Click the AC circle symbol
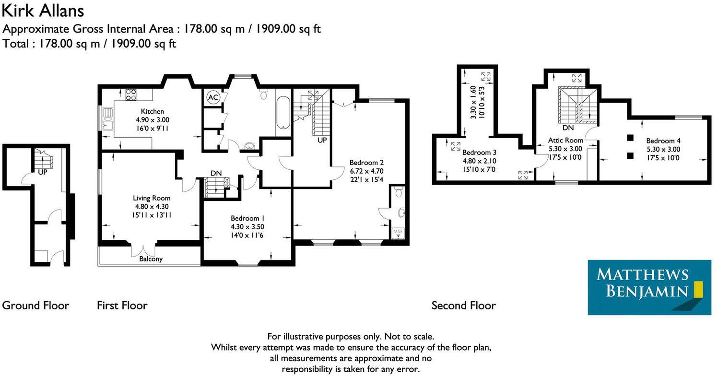click(213, 97)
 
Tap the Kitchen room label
click(152, 111)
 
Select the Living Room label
click(152, 198)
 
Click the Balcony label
click(151, 259)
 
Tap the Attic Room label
click(566, 141)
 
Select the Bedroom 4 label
click(663, 141)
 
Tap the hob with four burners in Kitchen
click(131, 95)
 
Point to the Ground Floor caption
click(35, 305)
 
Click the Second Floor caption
click(463, 305)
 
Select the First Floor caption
click(122, 305)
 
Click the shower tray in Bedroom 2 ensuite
click(398, 233)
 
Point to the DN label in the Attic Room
click(568, 128)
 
